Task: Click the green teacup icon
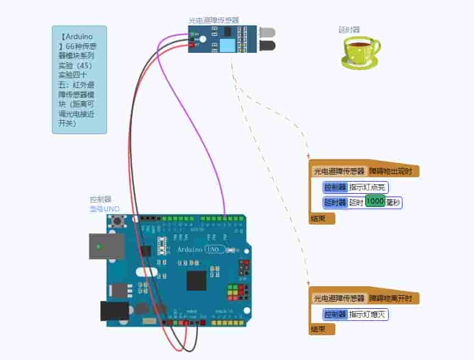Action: pos(360,52)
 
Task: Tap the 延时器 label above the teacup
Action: pos(349,30)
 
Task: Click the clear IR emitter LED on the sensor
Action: pos(268,32)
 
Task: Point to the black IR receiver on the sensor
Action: pos(268,45)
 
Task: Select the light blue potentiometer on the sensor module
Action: pos(225,44)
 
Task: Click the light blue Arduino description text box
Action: pos(79,79)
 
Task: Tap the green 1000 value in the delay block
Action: pos(374,202)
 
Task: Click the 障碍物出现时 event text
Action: pos(393,171)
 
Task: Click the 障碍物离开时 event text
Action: pos(393,298)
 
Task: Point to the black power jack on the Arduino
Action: pos(114,311)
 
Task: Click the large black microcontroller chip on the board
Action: pos(196,280)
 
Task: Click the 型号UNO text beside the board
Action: pos(104,209)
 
